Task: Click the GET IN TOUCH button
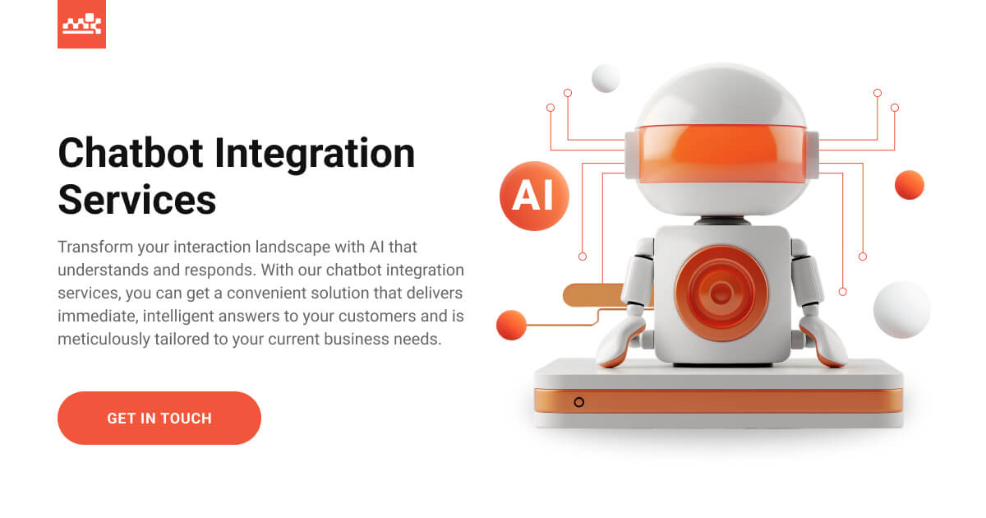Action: [x=159, y=418]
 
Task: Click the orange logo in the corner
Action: [x=81, y=24]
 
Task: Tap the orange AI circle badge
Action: [x=534, y=196]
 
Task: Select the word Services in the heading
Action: [x=137, y=199]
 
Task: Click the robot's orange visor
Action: [x=721, y=153]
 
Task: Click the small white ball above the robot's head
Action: [x=606, y=78]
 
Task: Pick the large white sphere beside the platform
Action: [x=901, y=310]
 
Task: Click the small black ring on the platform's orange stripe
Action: [x=579, y=402]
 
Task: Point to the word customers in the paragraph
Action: [x=375, y=316]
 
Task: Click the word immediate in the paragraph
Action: [x=93, y=316]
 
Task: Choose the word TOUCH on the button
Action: [x=186, y=418]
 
